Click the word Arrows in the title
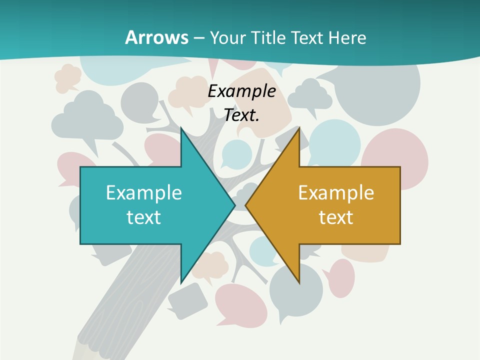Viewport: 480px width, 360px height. click(156, 37)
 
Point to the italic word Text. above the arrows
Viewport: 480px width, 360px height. click(242, 115)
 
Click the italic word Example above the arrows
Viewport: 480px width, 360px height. click(242, 91)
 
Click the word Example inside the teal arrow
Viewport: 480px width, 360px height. click(144, 193)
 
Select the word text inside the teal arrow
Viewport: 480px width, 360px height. click(144, 217)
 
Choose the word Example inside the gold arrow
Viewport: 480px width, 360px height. click(336, 193)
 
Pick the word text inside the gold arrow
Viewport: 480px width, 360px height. click(336, 217)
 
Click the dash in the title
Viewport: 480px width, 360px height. click(199, 38)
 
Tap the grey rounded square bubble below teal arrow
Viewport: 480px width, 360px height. click(187, 300)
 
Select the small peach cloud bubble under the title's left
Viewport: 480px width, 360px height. click(68, 77)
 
